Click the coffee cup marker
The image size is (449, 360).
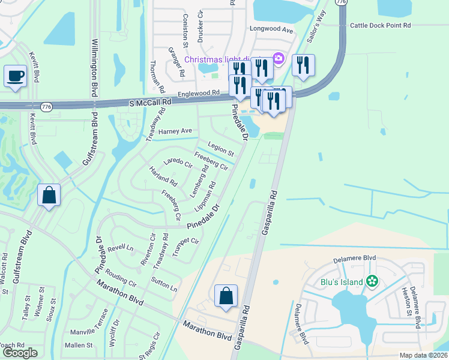15,77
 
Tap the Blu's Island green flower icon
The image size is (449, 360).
372,281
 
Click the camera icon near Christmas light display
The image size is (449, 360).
278,58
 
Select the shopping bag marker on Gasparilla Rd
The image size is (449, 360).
226,296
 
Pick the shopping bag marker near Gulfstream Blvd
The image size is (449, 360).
49,195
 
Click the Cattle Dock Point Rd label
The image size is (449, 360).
381,25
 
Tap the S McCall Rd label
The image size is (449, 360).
150,103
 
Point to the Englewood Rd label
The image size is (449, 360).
199,94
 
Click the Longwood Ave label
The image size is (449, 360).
272,29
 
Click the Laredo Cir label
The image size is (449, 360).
178,163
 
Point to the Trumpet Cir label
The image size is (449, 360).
185,248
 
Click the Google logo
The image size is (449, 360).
20,353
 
